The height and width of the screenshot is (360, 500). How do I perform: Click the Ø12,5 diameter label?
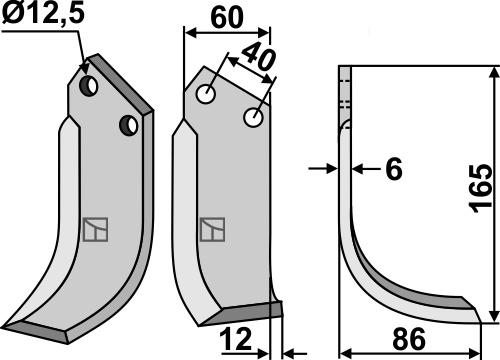43,14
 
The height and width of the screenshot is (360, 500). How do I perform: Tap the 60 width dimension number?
227,18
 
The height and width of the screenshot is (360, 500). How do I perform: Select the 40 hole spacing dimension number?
259,57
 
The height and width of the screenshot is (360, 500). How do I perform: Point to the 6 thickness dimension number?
394,169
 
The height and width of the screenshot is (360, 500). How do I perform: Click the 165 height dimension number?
480,188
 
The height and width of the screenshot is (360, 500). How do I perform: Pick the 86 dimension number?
409,339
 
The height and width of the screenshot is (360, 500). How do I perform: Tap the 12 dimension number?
235,339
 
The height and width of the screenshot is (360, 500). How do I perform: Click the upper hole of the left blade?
88,86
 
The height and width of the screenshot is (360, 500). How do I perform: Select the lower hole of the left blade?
129,125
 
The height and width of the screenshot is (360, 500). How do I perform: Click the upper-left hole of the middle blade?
206,94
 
